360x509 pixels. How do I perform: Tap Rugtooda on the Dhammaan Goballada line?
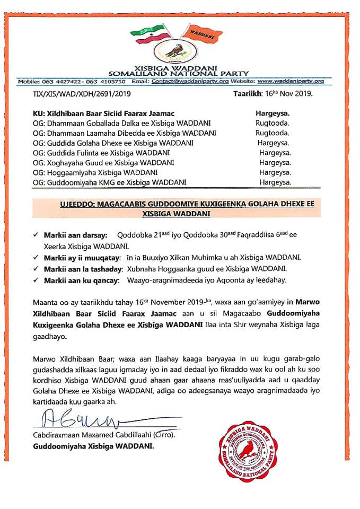click(x=273, y=124)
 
